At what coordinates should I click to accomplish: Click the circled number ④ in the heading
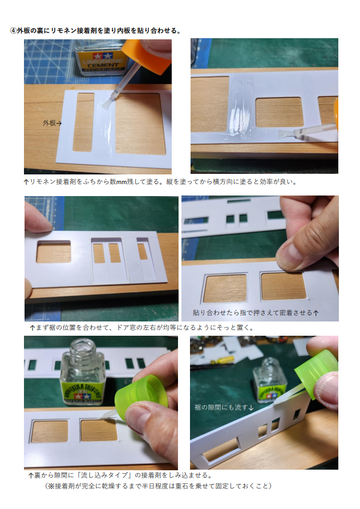coord(13,31)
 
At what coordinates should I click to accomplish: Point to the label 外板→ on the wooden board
coord(52,123)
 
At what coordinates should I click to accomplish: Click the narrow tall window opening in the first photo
coord(83,123)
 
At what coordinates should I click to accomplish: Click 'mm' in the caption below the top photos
coord(122,182)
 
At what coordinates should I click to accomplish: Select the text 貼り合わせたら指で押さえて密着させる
coord(252,313)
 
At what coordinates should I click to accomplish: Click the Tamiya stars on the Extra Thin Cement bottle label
coord(82,397)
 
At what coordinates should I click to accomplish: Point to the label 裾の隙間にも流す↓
coord(224,408)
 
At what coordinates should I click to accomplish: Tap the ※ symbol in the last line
coord(51,486)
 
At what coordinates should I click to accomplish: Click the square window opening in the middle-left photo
coord(54,251)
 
